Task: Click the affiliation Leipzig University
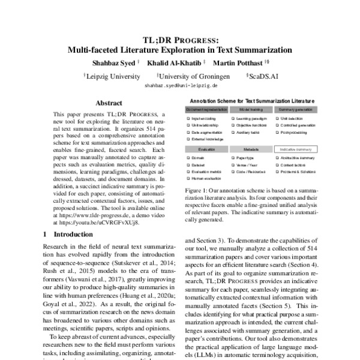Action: click(x=112, y=77)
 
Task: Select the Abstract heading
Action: click(x=109, y=103)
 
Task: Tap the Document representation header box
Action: click(x=206, y=110)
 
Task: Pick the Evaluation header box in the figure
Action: click(x=206, y=148)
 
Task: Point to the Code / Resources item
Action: click(x=253, y=171)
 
